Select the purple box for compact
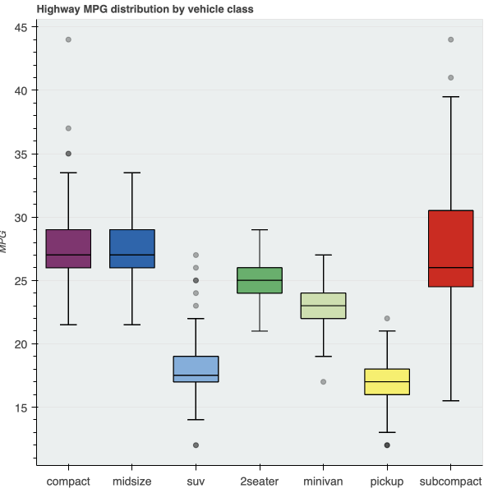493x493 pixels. tap(68, 248)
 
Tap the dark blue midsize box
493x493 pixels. tap(132, 248)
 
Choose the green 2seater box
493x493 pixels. tap(260, 280)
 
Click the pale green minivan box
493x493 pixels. tap(323, 306)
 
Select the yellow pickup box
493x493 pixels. tap(387, 382)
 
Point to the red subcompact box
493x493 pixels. tap(451, 248)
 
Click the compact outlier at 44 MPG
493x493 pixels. tap(68, 39)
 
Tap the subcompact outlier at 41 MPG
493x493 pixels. tap(451, 78)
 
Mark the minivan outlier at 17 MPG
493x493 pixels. tap(323, 382)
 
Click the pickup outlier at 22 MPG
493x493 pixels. tap(387, 319)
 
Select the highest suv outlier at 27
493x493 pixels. tap(196, 256)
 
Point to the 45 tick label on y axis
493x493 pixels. tap(21, 27)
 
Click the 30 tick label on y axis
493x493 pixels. tap(21, 218)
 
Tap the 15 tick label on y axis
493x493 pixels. tap(21, 408)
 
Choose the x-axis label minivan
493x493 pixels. tap(323, 481)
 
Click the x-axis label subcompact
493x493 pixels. tap(451, 481)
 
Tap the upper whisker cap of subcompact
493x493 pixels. tap(451, 97)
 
